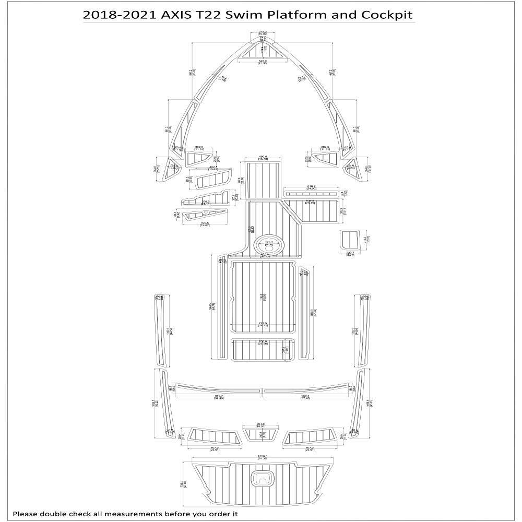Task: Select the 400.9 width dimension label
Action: pyautogui.click(x=263, y=157)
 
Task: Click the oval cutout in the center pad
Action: pyautogui.click(x=268, y=244)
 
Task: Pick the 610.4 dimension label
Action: pyautogui.click(x=312, y=186)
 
